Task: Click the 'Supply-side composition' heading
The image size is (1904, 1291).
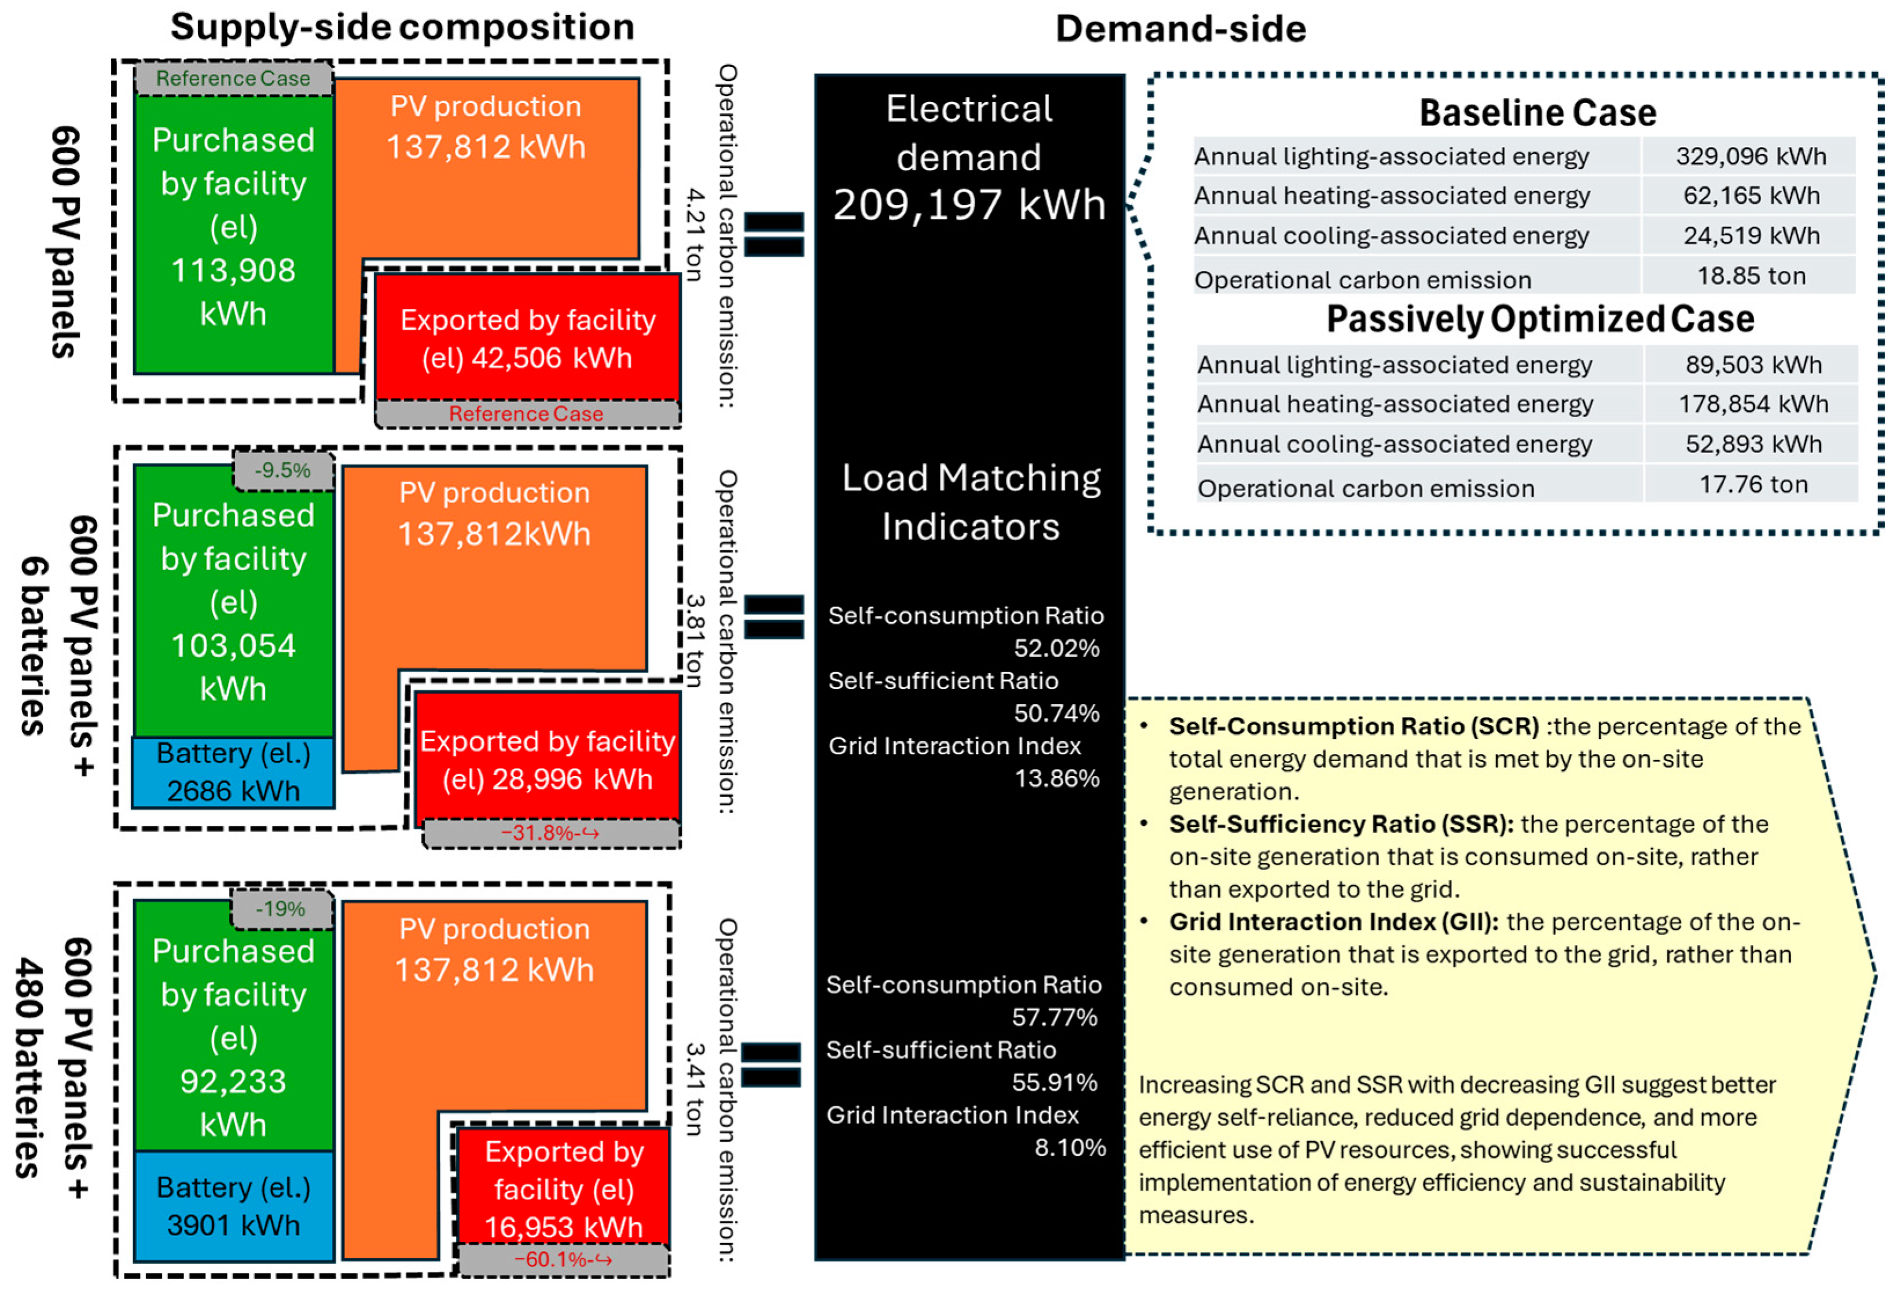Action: coord(402,27)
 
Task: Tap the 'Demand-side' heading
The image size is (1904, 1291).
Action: coord(1180,29)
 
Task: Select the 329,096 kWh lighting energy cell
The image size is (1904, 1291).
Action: coord(1750,156)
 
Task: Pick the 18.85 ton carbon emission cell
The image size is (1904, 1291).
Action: coord(1750,276)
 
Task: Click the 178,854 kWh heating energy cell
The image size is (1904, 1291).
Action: coord(1752,404)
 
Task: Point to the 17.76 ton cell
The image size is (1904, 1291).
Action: coord(1752,484)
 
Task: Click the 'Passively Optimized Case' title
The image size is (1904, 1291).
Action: coord(1539,319)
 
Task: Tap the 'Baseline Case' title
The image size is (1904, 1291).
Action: coord(1537,113)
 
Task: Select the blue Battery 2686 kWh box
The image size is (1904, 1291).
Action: coord(233,773)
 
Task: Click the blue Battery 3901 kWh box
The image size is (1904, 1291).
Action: coord(233,1206)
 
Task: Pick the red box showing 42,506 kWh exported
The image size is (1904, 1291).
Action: coord(528,339)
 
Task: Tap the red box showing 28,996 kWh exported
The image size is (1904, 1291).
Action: coord(547,759)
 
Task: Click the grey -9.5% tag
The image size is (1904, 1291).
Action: coord(282,470)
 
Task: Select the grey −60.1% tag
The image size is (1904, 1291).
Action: coord(563,1259)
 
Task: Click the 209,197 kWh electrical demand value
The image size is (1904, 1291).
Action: coord(969,205)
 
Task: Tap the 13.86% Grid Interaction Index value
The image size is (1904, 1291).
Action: coord(1056,778)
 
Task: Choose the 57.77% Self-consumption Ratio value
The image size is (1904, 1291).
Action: coord(1054,1017)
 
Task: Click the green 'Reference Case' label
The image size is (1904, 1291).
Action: coord(233,79)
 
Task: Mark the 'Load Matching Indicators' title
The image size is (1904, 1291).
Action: coord(971,501)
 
